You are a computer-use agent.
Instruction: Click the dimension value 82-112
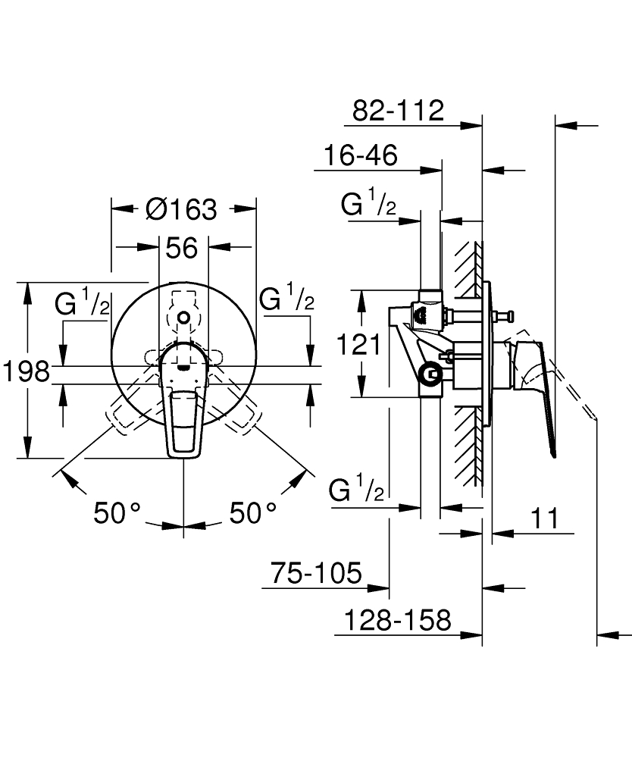(398, 111)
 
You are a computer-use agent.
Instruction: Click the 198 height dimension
(25, 371)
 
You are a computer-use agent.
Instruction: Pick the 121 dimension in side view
(357, 345)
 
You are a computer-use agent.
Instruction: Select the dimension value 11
(543, 519)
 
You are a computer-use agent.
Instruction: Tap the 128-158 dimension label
(397, 621)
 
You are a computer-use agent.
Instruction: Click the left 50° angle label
(117, 513)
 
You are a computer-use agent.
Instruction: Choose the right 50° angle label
(252, 513)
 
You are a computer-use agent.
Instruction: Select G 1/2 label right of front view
(286, 299)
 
